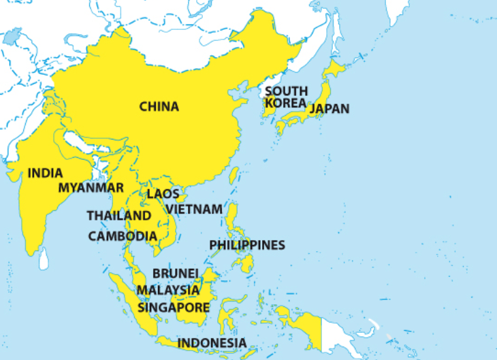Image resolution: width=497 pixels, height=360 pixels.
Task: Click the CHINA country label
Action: coord(159,106)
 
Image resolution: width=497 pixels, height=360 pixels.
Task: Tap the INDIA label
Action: coord(45,173)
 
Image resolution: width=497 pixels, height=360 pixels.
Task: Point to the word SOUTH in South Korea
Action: coord(286,91)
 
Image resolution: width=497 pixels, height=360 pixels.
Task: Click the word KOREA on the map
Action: coord(285,103)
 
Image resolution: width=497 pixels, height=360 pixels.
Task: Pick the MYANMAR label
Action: coord(91,187)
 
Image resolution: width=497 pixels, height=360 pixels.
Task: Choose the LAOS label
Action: coord(163,194)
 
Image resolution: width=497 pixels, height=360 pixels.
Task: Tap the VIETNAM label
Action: coord(193,208)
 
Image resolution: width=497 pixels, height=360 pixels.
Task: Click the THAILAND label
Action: coord(118,215)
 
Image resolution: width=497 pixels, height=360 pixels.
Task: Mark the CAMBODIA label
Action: coord(123,236)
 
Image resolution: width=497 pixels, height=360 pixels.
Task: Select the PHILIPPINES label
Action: coord(246,244)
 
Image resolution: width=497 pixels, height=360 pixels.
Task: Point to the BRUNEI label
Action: coord(175,273)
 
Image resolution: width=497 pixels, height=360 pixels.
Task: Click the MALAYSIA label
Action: coord(168,290)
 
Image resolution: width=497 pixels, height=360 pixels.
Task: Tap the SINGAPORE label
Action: coord(174,307)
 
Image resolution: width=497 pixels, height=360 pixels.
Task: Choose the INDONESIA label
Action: coord(212,342)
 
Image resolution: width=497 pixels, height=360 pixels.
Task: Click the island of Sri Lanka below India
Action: coord(44,257)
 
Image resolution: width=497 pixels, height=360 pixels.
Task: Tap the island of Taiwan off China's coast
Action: coord(234,176)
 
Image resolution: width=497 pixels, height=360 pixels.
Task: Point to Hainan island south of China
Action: coord(182,198)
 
